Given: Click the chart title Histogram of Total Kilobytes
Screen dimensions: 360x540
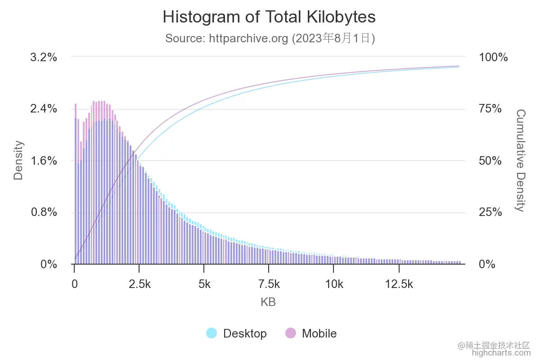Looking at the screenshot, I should [x=269, y=17].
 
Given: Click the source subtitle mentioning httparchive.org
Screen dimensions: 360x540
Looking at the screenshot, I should [x=270, y=38].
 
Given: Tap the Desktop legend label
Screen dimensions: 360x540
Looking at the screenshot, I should [x=245, y=333].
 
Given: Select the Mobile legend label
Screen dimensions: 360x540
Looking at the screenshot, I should [x=319, y=333].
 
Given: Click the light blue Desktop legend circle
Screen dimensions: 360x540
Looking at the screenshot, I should [x=211, y=333].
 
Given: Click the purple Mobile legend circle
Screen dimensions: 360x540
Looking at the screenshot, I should [x=291, y=333].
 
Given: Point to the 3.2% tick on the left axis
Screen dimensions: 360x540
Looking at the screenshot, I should [x=44, y=58].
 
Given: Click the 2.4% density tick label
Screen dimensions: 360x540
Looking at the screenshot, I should [x=44, y=109].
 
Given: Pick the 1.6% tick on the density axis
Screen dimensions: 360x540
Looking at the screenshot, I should [x=44, y=161].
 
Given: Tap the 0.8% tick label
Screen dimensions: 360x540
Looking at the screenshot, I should [x=44, y=212].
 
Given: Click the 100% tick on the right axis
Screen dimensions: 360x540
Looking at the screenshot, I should [x=493, y=58].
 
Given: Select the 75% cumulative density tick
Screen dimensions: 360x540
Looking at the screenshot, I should [x=490, y=109].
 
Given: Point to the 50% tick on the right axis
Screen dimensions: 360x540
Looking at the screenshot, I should [x=490, y=161].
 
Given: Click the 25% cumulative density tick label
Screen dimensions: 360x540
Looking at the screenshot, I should [x=490, y=212].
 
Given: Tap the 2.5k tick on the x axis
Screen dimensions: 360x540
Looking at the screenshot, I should [x=139, y=284].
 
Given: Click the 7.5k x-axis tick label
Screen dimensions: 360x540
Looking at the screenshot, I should [x=269, y=284].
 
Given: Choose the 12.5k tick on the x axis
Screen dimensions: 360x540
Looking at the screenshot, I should [x=399, y=284].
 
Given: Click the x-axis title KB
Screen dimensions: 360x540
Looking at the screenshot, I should [x=268, y=302].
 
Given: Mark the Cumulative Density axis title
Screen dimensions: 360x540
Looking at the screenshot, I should [x=520, y=160].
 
